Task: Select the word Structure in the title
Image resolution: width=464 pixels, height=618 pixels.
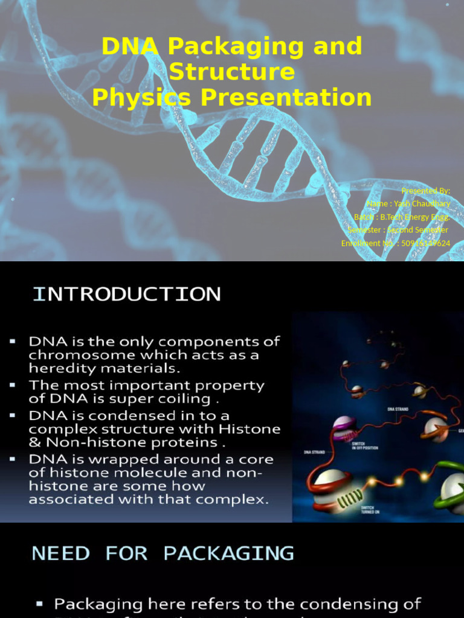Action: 232,72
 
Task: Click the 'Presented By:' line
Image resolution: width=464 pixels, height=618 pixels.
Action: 425,191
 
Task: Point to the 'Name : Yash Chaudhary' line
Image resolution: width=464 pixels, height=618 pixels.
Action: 408,204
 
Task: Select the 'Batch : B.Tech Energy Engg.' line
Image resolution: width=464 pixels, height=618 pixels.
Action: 402,217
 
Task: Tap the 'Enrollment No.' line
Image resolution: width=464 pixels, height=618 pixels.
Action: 395,243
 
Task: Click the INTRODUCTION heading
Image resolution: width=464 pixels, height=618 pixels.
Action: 126,295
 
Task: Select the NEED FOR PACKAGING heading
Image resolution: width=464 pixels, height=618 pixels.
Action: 163,553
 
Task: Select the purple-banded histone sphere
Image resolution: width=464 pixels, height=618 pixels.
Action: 344,427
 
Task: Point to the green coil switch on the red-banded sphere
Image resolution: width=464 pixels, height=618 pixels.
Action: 350,499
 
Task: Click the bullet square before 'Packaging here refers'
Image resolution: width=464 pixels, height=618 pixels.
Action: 40,604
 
